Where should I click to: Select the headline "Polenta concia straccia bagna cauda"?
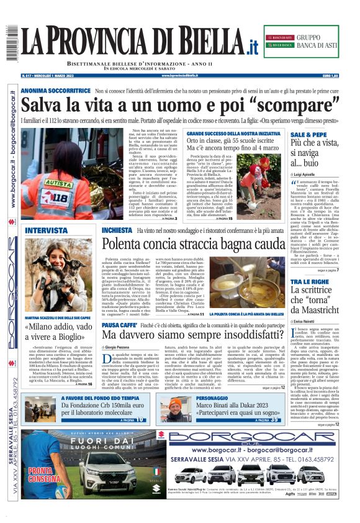[193, 244]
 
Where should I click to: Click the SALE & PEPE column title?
[308, 135]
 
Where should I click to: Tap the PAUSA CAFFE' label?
[119, 324]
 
